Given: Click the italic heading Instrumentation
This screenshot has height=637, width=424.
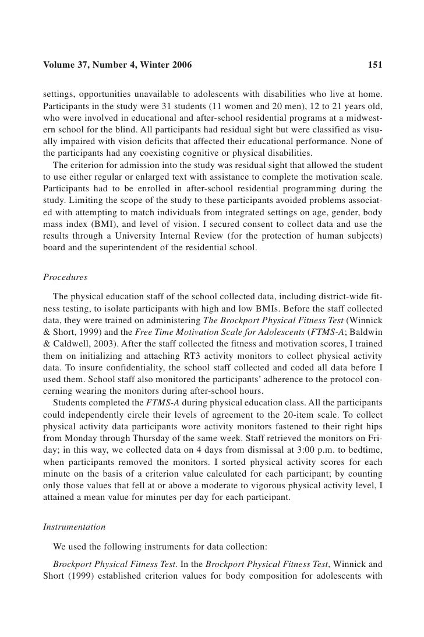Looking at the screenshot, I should (x=74, y=526).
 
